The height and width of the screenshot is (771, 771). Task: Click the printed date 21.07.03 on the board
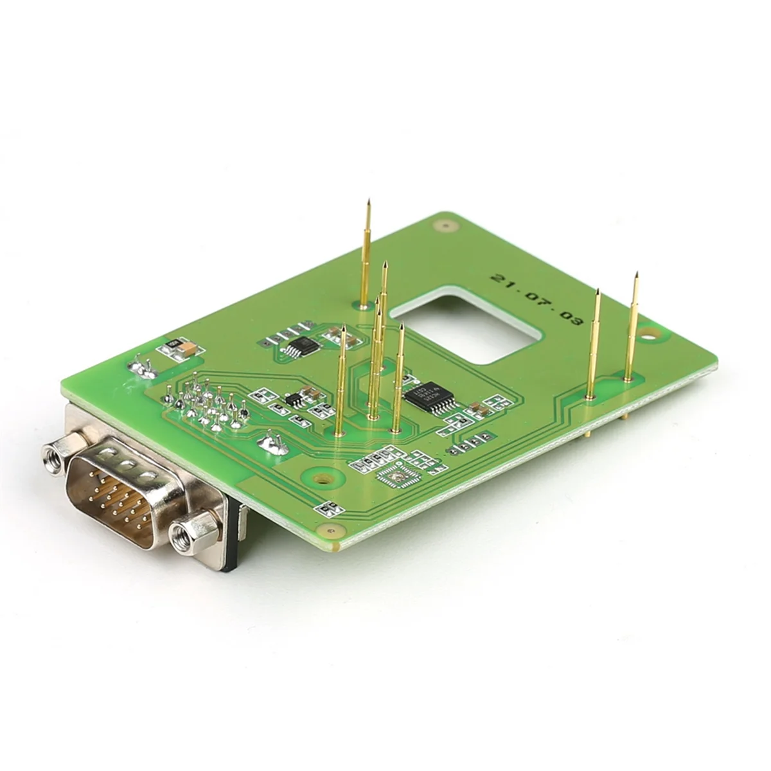535,299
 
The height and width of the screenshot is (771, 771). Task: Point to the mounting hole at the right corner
653,333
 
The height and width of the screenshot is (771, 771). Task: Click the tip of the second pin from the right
598,292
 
